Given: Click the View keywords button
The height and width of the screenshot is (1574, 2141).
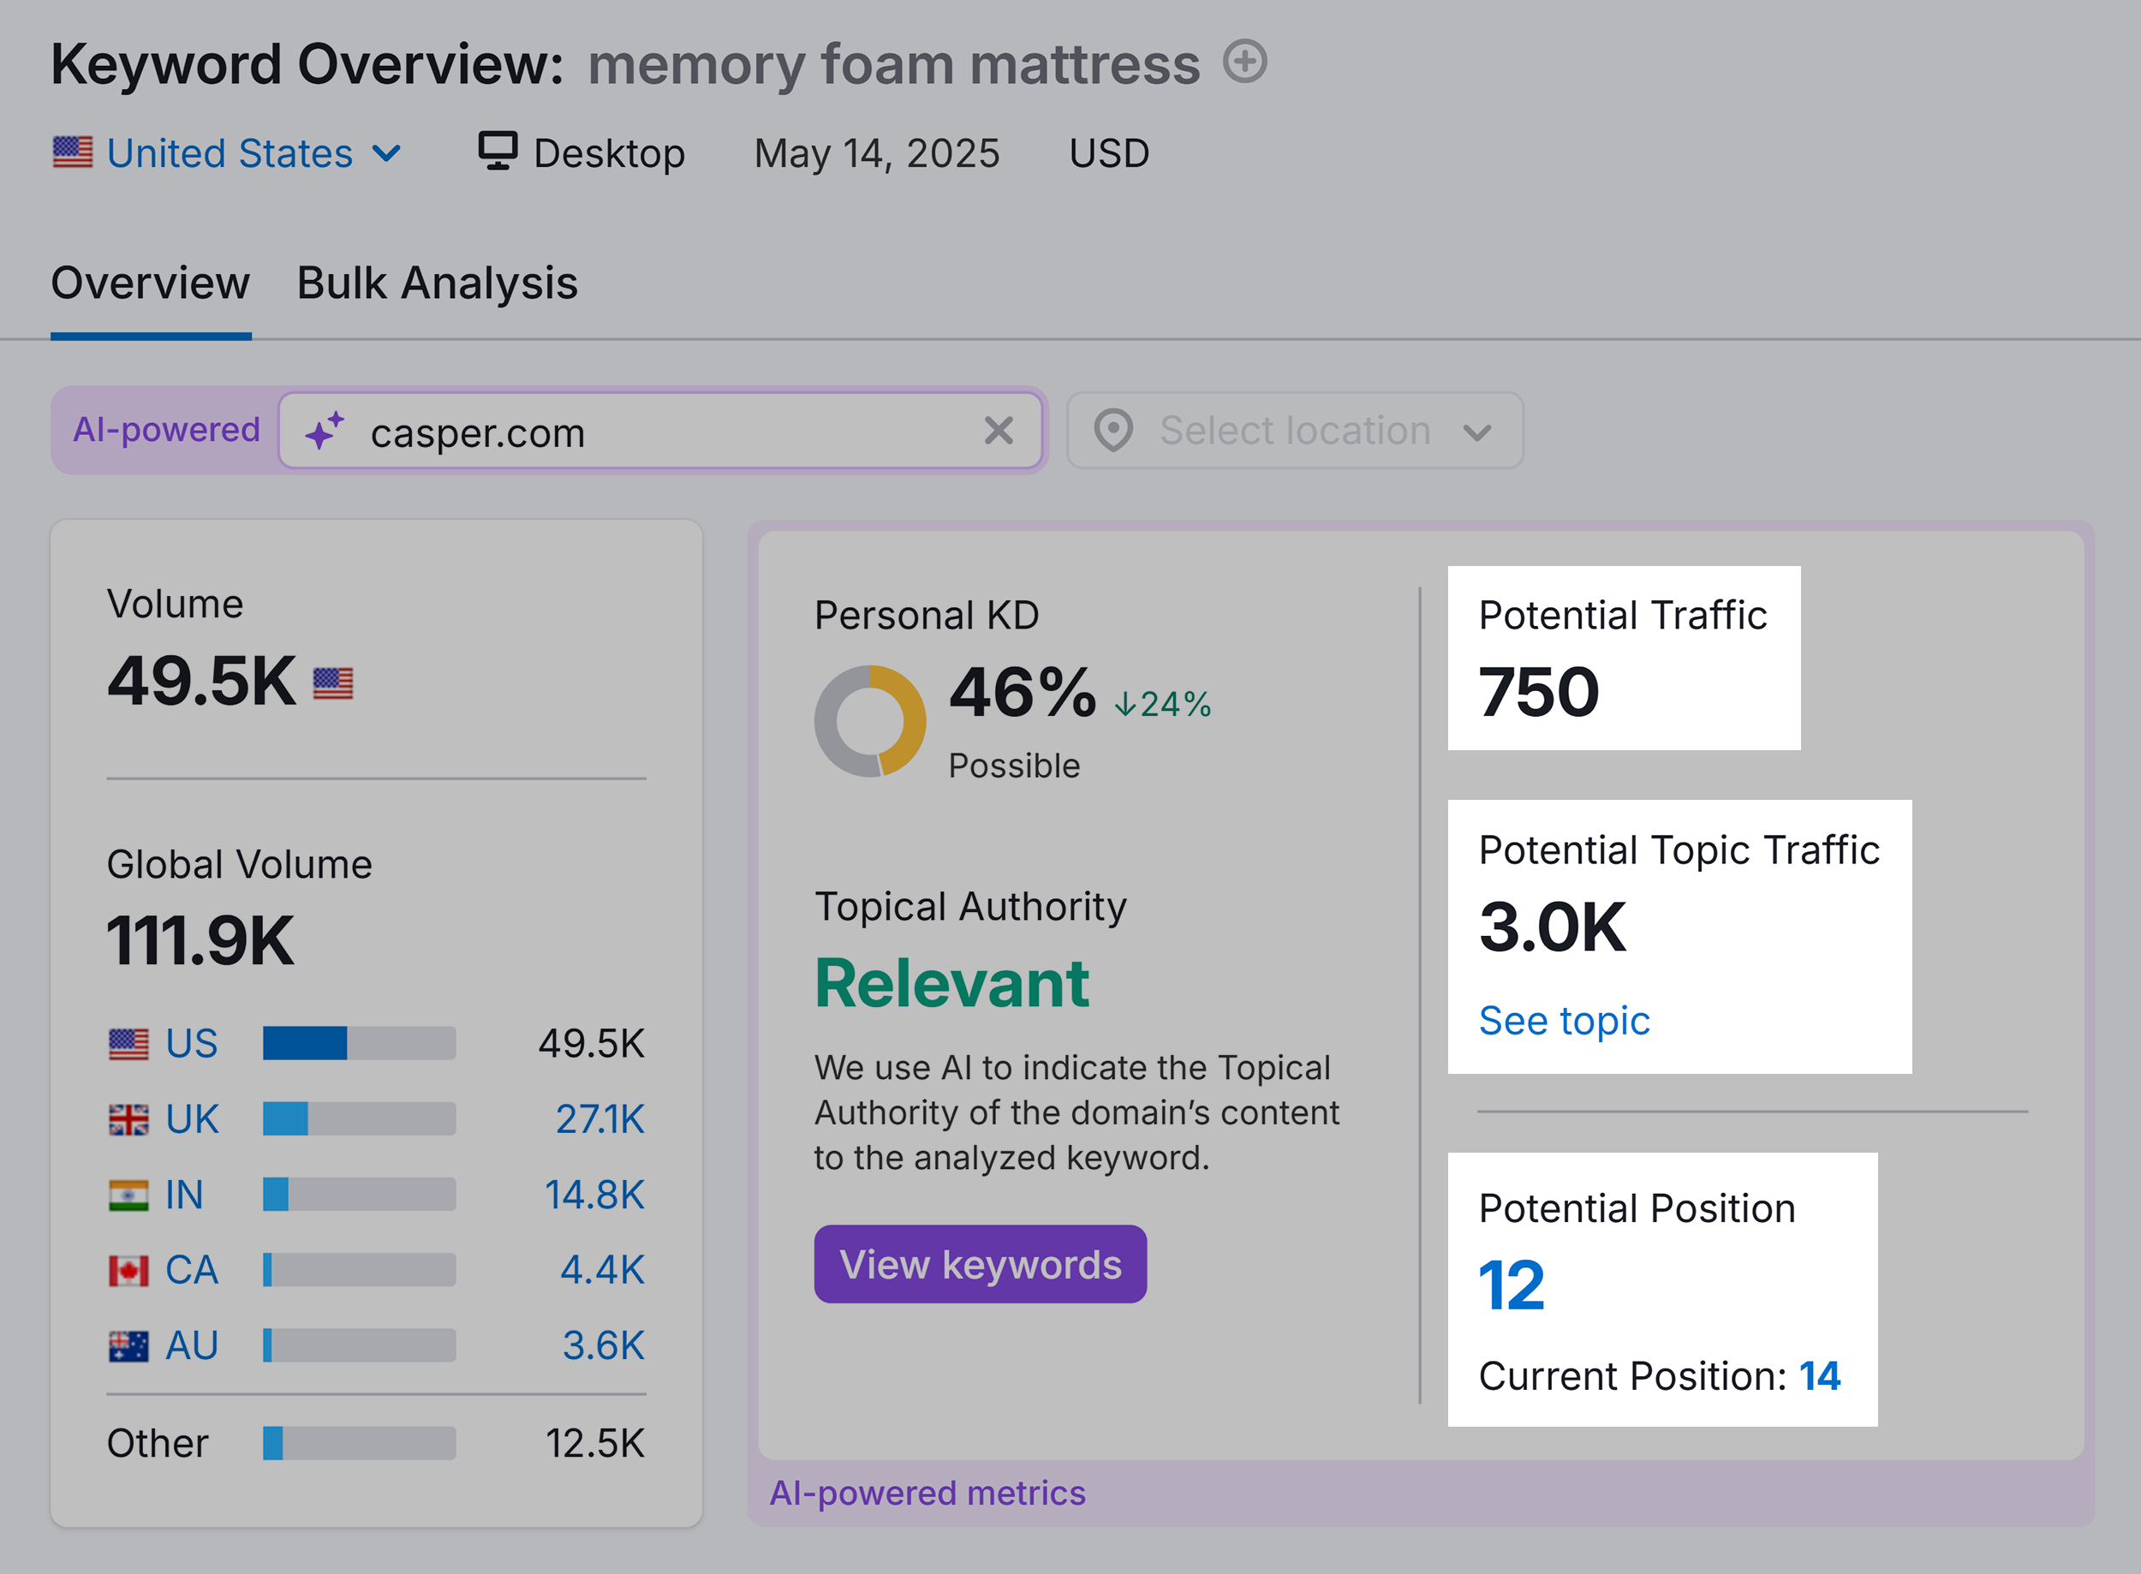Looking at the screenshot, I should pos(980,1264).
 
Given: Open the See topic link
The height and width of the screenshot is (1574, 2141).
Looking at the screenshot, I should pos(1564,1021).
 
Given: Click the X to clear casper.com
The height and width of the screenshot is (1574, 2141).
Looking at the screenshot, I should pos(998,431).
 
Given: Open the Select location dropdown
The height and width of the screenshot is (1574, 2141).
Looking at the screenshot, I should pos(1294,431).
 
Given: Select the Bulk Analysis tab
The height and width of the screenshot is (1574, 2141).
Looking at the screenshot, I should pos(437,283).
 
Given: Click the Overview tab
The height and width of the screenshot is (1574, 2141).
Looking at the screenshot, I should pos(151,283).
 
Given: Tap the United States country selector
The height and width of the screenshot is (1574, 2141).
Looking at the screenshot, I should pos(229,153).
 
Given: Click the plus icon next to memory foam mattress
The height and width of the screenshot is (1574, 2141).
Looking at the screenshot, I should pos(1244,62).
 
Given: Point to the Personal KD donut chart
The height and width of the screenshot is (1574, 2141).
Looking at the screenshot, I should pos(869,721).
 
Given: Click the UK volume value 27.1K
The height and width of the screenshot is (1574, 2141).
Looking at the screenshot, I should pos(599,1119).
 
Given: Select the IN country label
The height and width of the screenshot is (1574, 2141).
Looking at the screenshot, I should pos(184,1195).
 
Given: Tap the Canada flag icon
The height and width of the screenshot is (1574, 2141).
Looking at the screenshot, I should pos(128,1270).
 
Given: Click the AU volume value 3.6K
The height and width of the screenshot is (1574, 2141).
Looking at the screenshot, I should pos(602,1345).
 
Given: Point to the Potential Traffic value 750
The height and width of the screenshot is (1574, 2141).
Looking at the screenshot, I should pos(1538,693).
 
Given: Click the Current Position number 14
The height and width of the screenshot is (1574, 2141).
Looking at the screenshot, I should pos(1819,1376).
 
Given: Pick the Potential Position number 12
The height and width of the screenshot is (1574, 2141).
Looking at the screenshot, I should pos(1512,1285).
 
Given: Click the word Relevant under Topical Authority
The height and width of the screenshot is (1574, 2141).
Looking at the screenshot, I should pos(951,983).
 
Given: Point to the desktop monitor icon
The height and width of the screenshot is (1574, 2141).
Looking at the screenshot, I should pos(498,152).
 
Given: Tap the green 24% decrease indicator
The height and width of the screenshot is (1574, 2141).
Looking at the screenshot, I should pos(1163,704).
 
